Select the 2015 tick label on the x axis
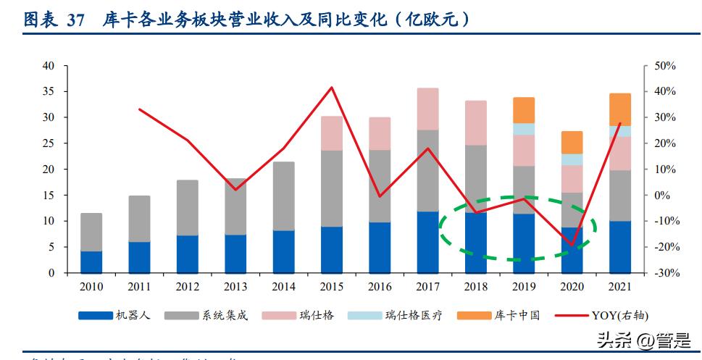[x=332, y=286]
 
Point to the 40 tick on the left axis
[x=49, y=66]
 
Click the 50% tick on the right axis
[x=664, y=66]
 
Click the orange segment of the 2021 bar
[x=620, y=109]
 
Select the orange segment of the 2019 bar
[x=524, y=110]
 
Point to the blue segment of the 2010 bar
[x=91, y=261]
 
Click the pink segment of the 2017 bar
[x=427, y=109]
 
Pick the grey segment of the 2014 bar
[x=284, y=196]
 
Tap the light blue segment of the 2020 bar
[x=572, y=159]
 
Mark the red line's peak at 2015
[x=332, y=88]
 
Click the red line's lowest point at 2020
[x=572, y=246]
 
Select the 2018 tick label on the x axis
[x=476, y=286]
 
